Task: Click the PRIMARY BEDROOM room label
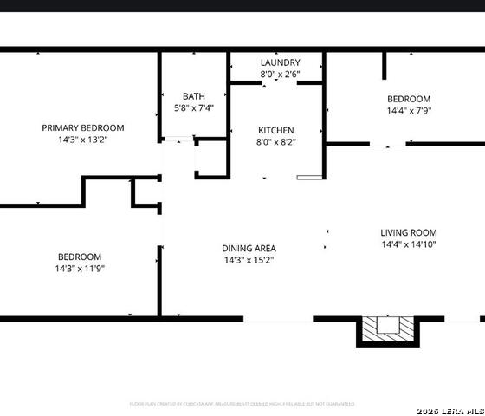[x=83, y=127]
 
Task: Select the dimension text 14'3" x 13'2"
[x=83, y=139]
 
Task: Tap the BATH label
[x=193, y=96]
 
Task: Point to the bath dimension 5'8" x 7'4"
[x=193, y=107]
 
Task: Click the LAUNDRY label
[x=280, y=62]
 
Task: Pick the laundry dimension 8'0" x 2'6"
[x=280, y=75]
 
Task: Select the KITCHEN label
[x=275, y=130]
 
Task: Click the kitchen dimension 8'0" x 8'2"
[x=275, y=142]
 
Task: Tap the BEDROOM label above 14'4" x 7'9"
[x=408, y=99]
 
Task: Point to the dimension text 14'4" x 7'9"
[x=408, y=111]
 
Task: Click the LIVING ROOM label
[x=408, y=232]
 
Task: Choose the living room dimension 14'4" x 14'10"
[x=408, y=244]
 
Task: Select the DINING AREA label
[x=249, y=248]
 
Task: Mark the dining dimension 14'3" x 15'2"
[x=249, y=260]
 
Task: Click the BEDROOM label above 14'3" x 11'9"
[x=80, y=257]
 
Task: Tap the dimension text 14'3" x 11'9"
[x=80, y=269]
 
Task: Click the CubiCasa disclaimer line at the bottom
[x=242, y=404]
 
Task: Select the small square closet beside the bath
[x=211, y=158]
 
